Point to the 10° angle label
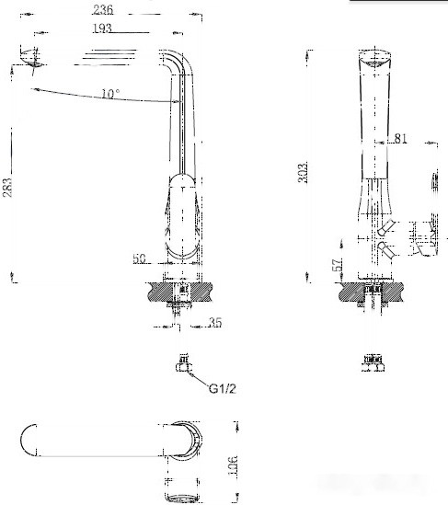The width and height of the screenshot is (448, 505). coord(110,94)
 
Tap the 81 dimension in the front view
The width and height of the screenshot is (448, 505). coord(401,139)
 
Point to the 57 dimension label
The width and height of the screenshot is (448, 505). coord(339,264)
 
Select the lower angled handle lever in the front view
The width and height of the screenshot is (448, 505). coord(387,249)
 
